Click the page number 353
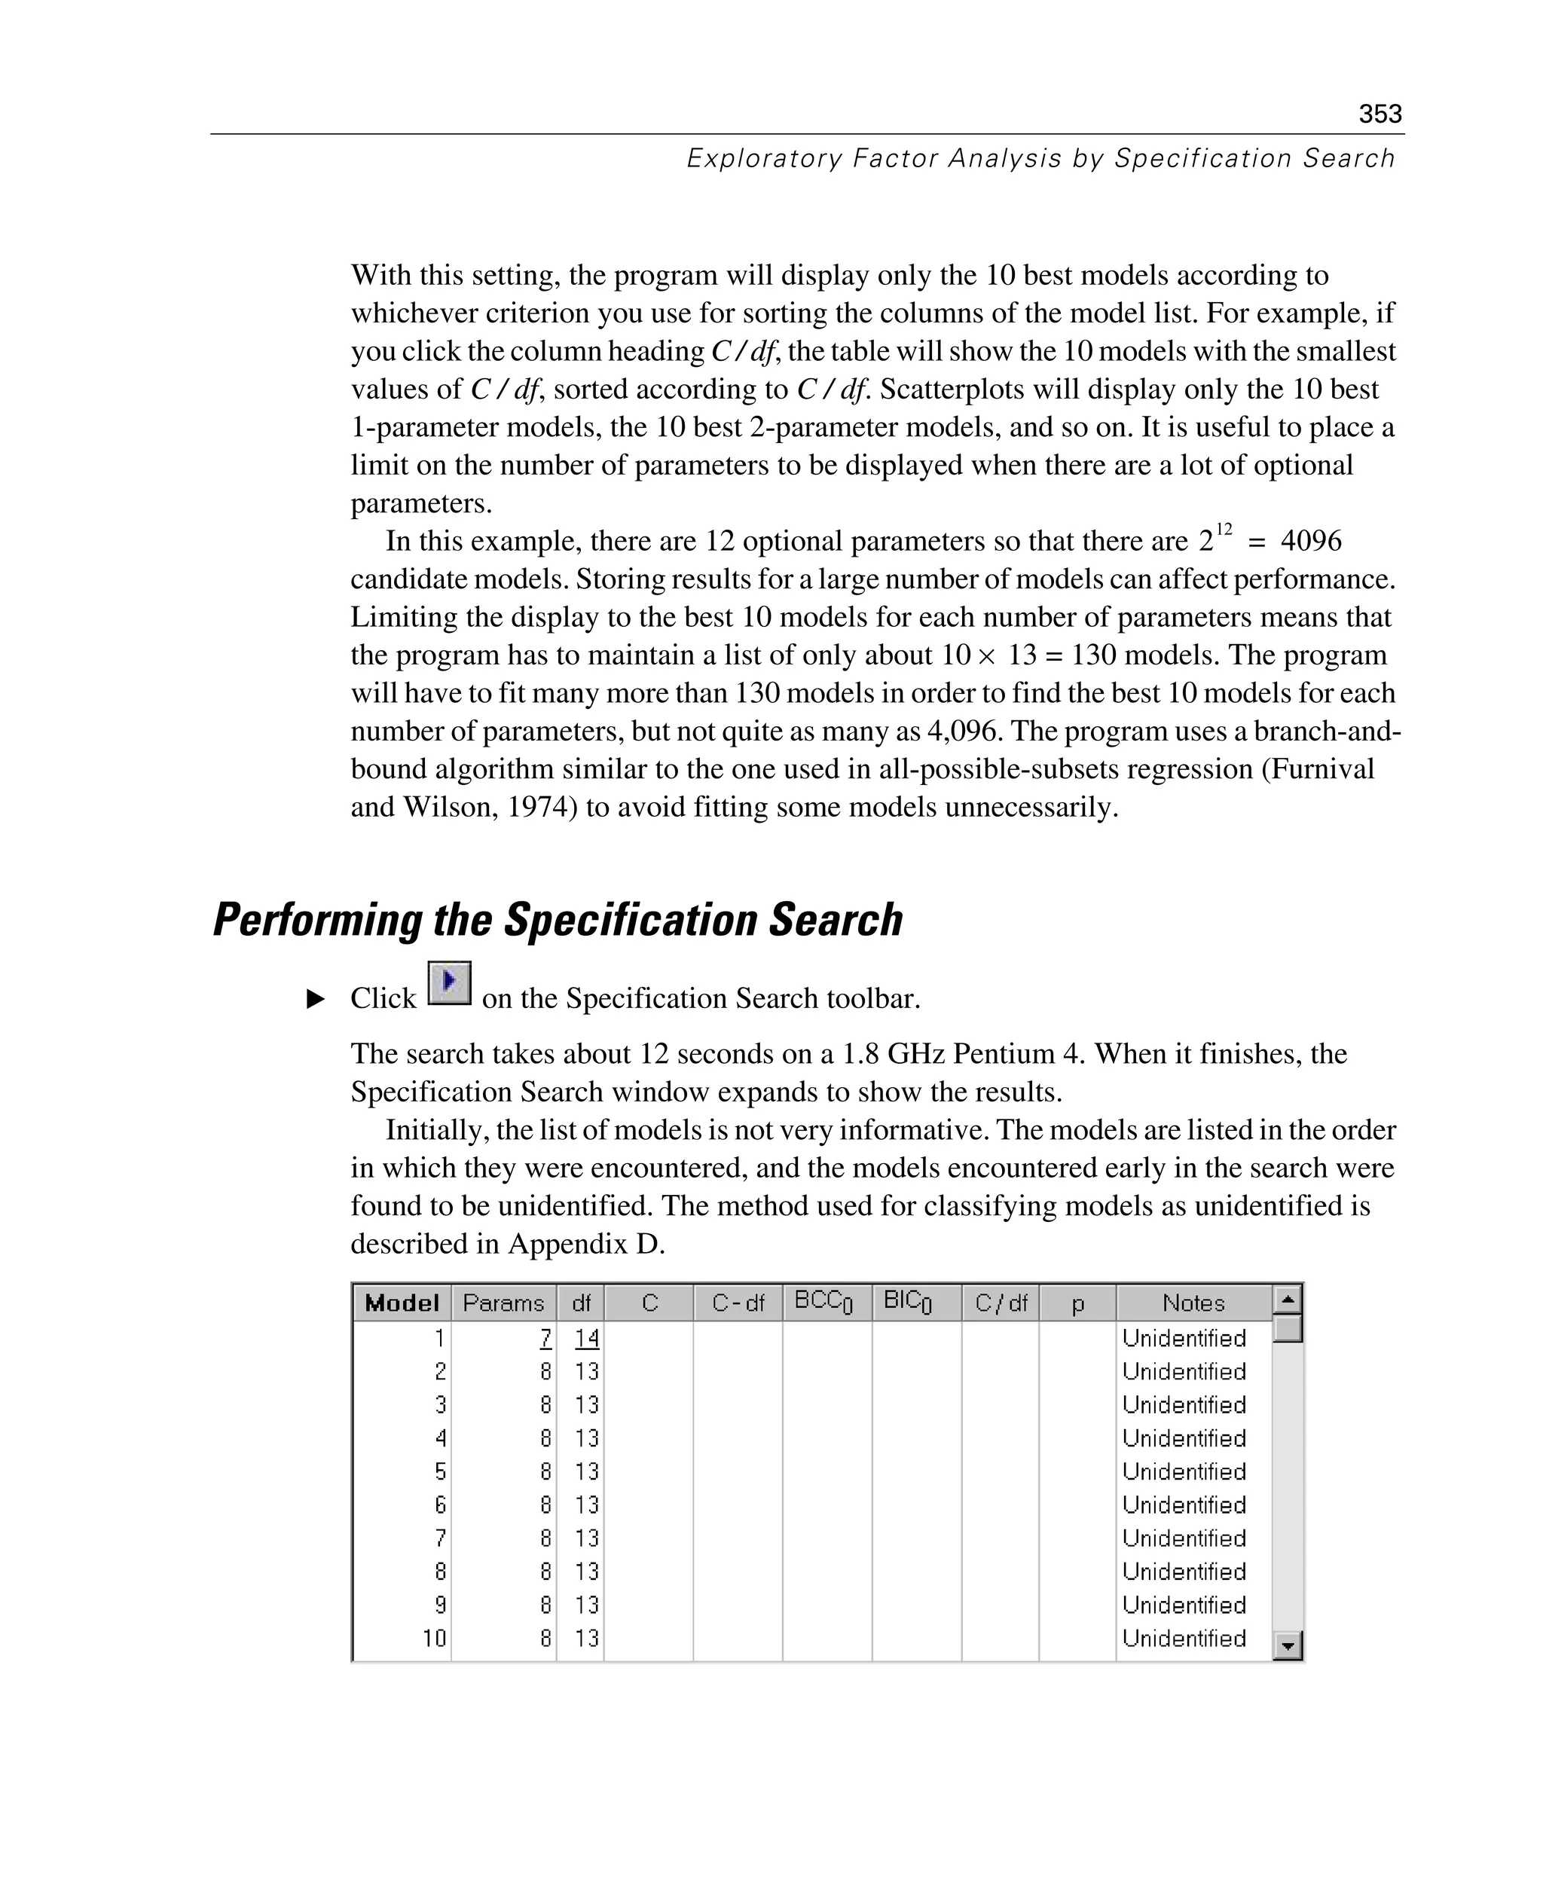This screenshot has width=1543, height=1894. (1380, 114)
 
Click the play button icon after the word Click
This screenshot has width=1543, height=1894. (450, 983)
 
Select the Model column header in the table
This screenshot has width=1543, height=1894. (402, 1303)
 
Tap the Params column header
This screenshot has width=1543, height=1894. (503, 1303)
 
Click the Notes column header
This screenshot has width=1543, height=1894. (1193, 1303)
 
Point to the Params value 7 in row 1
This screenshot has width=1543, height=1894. (545, 1337)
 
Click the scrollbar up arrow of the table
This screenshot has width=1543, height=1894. (1287, 1300)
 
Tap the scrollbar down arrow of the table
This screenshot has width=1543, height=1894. (1287, 1646)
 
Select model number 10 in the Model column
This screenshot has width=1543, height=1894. (434, 1638)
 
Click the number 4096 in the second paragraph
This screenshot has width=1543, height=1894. (1310, 541)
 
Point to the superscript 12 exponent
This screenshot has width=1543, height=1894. (1223, 530)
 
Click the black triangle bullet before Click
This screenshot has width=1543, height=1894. (316, 999)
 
